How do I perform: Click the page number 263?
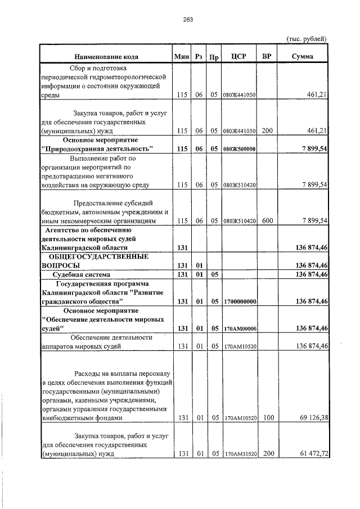(x=188, y=20)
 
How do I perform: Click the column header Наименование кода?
(x=106, y=57)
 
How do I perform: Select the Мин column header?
(x=182, y=57)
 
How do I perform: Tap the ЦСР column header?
(x=240, y=57)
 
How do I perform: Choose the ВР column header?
(x=267, y=57)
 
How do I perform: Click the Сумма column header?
(x=303, y=57)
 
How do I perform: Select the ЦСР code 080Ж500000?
(x=240, y=149)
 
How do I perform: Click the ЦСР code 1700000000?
(x=240, y=302)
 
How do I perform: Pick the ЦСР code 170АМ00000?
(x=240, y=328)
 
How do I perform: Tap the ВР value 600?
(x=267, y=221)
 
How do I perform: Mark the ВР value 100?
(x=267, y=418)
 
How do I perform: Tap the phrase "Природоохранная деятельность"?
(x=98, y=148)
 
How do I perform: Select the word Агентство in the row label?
(x=61, y=230)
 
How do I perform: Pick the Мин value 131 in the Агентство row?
(x=182, y=247)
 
